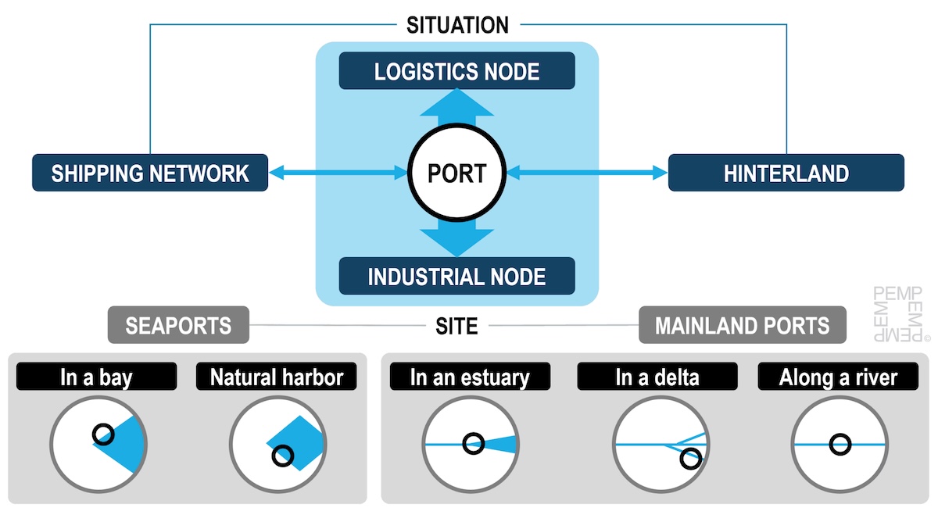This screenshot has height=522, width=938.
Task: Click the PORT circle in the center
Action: (x=457, y=173)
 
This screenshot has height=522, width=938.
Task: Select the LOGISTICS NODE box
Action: (x=457, y=71)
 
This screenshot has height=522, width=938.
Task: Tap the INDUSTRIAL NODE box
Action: (x=457, y=276)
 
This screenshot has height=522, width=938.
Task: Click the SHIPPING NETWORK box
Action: (x=150, y=173)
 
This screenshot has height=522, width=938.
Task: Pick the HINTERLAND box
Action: (x=786, y=173)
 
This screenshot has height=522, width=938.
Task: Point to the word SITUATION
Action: (x=457, y=25)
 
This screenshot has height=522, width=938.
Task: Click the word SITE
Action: (x=456, y=325)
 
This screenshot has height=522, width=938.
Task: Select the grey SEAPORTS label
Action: (x=178, y=325)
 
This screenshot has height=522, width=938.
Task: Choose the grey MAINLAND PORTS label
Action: (x=743, y=325)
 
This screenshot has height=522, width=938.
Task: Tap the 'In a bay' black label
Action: (x=96, y=377)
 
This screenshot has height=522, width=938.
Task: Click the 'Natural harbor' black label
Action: (x=277, y=377)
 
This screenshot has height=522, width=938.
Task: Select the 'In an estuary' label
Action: (x=470, y=377)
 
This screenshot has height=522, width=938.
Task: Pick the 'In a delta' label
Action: (x=657, y=377)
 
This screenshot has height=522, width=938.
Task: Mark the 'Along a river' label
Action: (x=838, y=377)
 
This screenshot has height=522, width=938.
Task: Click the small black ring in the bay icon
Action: (x=102, y=434)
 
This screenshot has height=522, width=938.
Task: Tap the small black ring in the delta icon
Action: (x=690, y=458)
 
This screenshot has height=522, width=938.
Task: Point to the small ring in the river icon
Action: (x=840, y=444)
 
